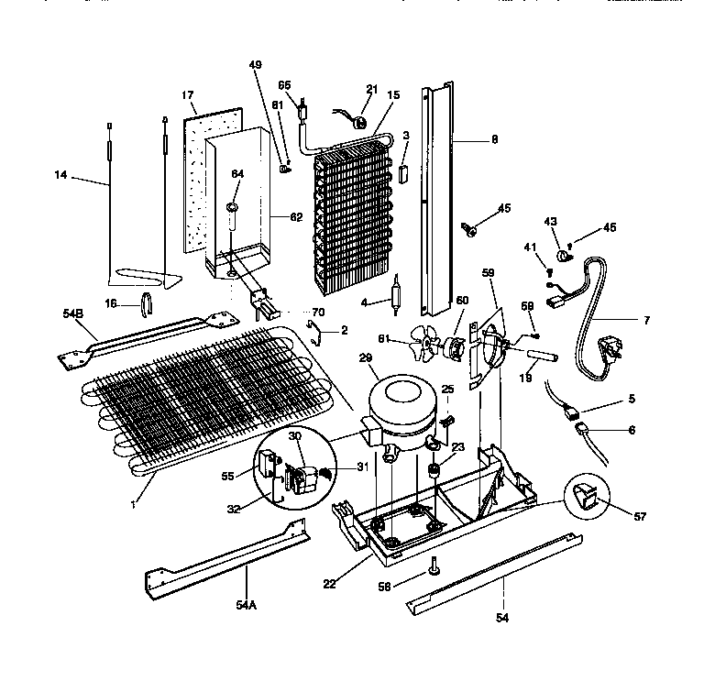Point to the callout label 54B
pos(73,313)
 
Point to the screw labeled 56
pos(431,572)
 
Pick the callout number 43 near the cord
pos(550,221)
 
